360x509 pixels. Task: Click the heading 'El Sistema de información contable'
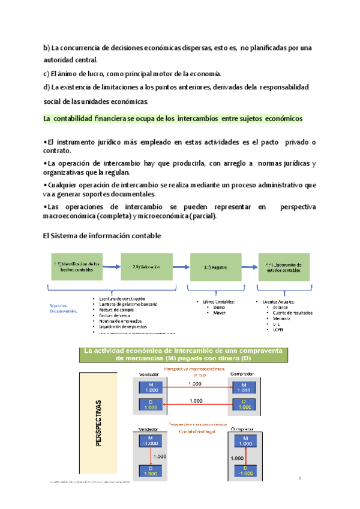[103, 236]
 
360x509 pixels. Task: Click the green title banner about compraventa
[184, 354]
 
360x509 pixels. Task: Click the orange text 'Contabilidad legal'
[196, 431]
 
